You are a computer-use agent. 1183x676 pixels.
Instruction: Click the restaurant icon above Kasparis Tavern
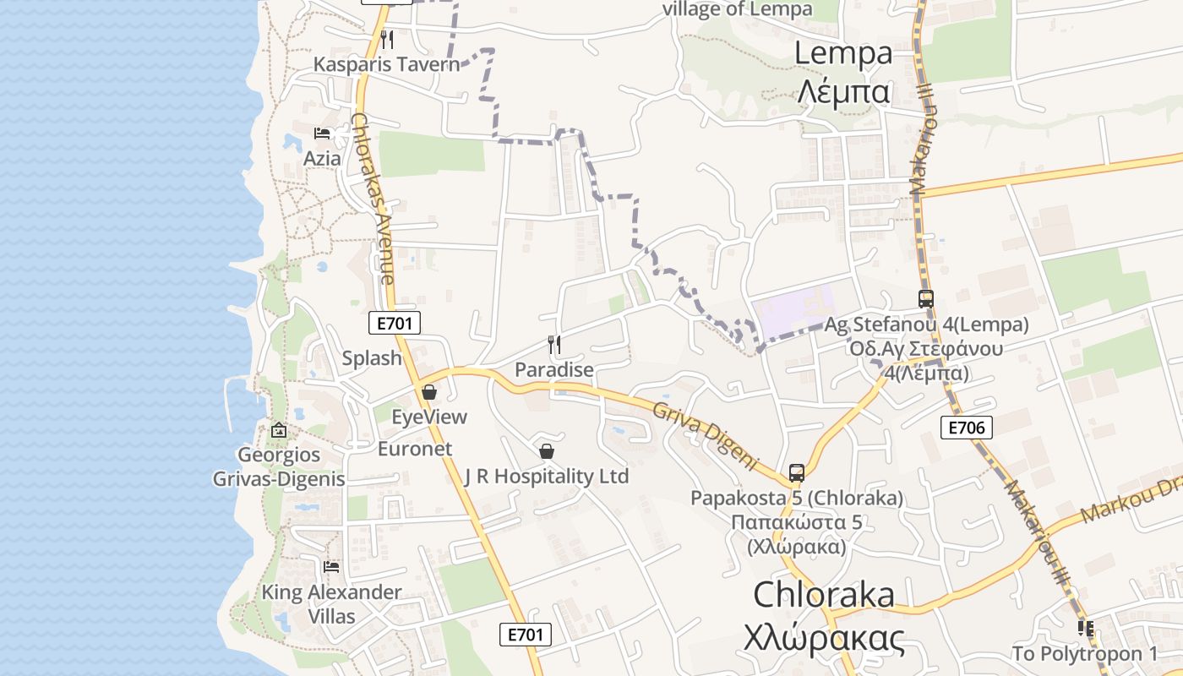point(387,39)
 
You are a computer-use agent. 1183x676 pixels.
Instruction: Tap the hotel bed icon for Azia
point(322,134)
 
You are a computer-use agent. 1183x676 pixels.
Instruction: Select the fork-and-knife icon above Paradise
point(554,344)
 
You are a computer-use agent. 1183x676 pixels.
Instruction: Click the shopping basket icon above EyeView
point(429,392)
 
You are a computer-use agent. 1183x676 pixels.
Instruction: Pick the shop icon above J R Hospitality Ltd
point(547,451)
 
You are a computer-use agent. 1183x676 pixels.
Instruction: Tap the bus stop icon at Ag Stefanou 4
point(926,299)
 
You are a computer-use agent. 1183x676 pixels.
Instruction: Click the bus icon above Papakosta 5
point(796,473)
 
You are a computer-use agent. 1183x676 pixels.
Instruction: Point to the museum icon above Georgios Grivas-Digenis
point(279,431)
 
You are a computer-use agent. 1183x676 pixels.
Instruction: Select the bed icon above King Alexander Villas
point(331,566)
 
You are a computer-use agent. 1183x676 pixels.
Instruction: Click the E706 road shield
point(967,428)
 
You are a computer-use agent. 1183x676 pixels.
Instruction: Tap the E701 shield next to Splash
point(395,322)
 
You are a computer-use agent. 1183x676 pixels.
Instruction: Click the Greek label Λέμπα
point(843,90)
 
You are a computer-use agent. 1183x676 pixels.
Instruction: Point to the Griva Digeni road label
point(706,435)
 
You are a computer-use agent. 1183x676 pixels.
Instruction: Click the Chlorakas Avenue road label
point(373,199)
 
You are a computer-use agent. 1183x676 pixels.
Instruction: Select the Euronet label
point(415,449)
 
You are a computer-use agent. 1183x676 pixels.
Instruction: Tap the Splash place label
point(372,358)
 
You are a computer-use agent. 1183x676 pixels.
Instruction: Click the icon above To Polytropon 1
point(1086,629)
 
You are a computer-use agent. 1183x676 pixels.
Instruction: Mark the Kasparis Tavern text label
point(386,65)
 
